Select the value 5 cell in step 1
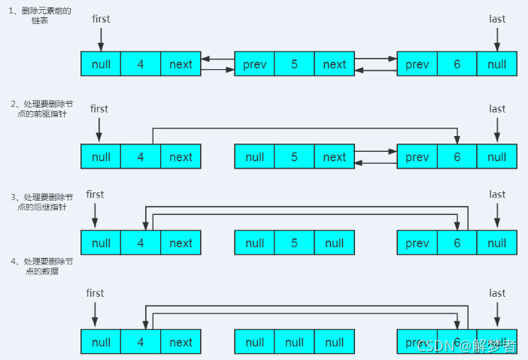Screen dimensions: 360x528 pos(294,65)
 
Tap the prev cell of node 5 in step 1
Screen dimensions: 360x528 pos(254,65)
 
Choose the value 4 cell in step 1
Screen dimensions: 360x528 pos(141,65)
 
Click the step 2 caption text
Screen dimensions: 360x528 pos(46,108)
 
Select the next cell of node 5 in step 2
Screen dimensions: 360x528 pos(334,157)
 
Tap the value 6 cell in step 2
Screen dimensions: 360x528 pos(457,157)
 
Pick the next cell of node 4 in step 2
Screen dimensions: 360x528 pos(181,157)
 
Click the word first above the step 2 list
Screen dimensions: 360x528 pos(99,109)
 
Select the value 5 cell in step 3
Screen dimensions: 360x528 pos(294,244)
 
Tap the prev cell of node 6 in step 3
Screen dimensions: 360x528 pos(417,244)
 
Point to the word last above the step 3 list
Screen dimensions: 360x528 pos(496,195)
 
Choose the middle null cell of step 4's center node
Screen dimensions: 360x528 pos(294,343)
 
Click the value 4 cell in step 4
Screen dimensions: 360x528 pos(141,343)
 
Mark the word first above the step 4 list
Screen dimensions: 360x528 pos(95,293)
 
